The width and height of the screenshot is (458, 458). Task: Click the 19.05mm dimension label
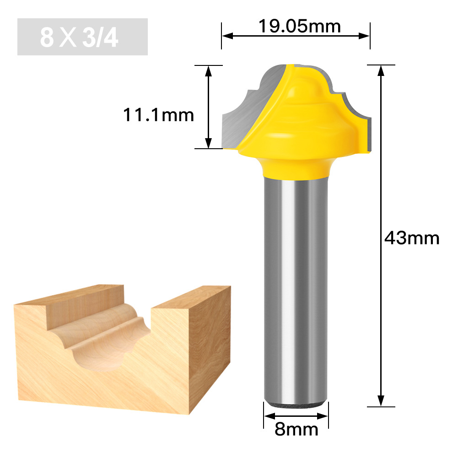tap(299, 27)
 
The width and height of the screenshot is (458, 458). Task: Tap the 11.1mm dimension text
tap(158, 115)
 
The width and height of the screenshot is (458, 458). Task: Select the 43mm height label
tap(411, 238)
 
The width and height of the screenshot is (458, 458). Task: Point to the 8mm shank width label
tap(296, 429)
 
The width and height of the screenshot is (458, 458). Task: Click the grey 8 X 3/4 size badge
tap(82, 37)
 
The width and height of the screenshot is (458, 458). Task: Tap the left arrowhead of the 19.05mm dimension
tap(227, 36)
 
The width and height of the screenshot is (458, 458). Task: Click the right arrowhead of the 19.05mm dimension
tap(364, 36)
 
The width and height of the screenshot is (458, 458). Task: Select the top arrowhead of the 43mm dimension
tap(381, 71)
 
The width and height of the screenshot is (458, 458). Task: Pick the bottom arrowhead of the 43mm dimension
tap(381, 400)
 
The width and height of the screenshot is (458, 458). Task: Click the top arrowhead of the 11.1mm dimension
tap(208, 71)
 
